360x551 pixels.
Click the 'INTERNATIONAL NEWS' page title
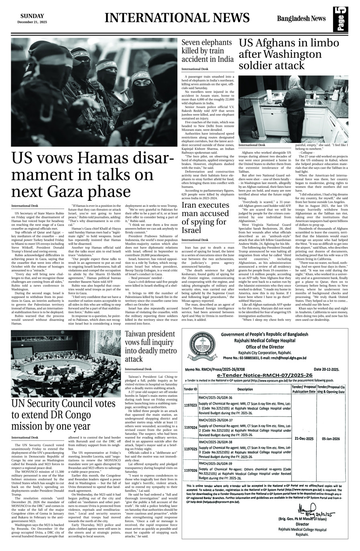click(177, 18)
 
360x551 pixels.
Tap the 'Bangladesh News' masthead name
click(301, 18)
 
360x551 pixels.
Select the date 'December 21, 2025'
click(32, 22)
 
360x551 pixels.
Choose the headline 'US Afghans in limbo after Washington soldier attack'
click(289, 54)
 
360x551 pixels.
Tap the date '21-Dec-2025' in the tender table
click(303, 439)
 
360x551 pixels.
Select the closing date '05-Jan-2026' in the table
click(331, 439)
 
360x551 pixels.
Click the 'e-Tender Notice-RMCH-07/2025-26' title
click(264, 374)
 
